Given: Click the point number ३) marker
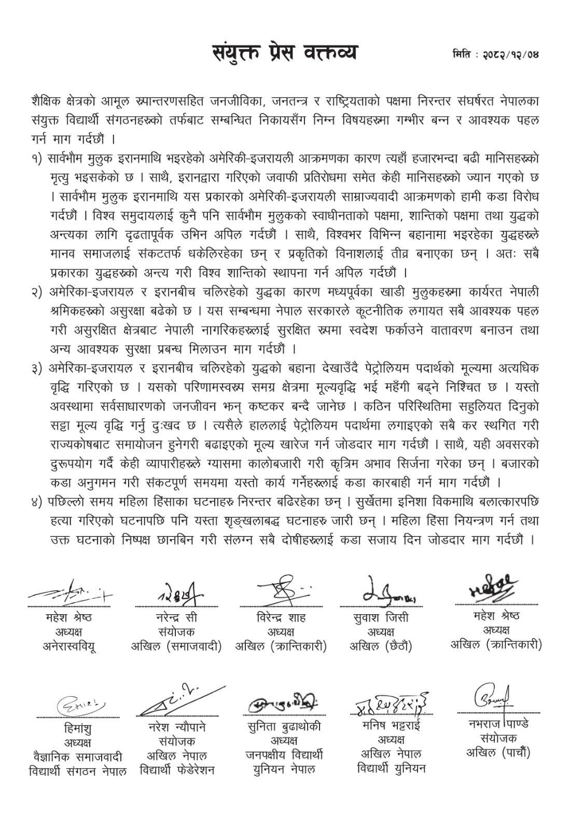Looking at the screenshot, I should point(37,368).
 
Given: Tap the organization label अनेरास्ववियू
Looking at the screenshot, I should point(69,646).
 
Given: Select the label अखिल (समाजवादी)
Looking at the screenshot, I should point(176,646).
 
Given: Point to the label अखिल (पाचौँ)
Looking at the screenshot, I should point(491,752).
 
